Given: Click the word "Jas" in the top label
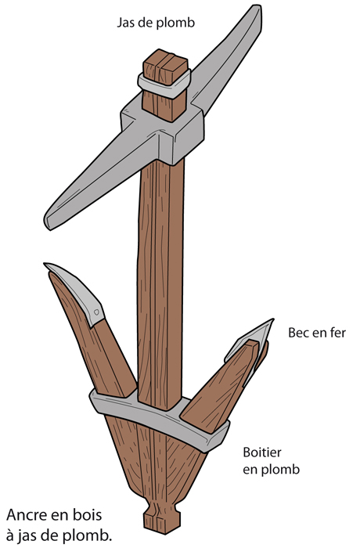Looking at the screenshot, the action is (x=125, y=23).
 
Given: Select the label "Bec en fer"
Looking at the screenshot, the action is (x=317, y=333).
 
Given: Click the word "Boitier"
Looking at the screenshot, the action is (x=262, y=452).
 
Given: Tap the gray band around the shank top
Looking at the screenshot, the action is (x=164, y=85).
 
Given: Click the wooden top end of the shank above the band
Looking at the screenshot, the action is (x=166, y=66).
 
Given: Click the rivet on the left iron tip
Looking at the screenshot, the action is (x=96, y=312).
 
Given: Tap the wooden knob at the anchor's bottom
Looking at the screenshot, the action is (x=163, y=520).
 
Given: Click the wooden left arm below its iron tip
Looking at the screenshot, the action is (x=102, y=353).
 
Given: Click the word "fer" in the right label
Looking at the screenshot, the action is (x=337, y=333).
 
